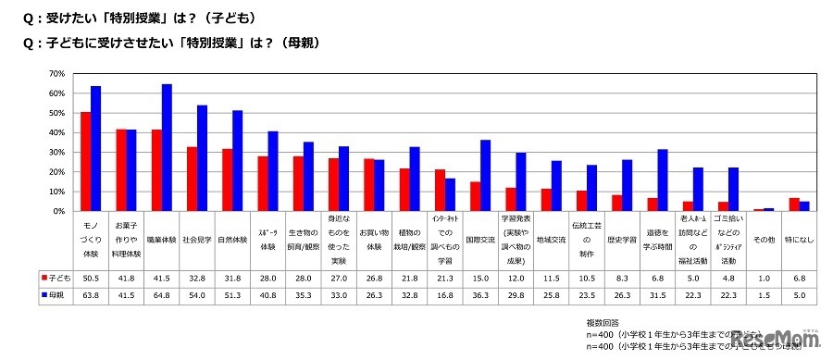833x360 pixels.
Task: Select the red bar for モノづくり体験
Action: coord(85,162)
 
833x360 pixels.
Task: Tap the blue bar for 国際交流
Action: coord(485,176)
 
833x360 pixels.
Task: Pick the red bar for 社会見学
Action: coord(192,179)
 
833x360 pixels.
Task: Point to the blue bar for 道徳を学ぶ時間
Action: coord(662,180)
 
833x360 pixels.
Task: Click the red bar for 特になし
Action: coord(793,205)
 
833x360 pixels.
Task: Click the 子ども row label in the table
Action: coord(57,277)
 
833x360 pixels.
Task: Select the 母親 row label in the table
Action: coord(57,293)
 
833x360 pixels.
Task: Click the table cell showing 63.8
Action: coord(91,293)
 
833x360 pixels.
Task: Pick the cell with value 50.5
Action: coord(91,277)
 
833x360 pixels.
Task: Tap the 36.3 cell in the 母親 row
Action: coord(479,293)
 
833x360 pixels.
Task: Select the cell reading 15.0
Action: coord(479,277)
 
